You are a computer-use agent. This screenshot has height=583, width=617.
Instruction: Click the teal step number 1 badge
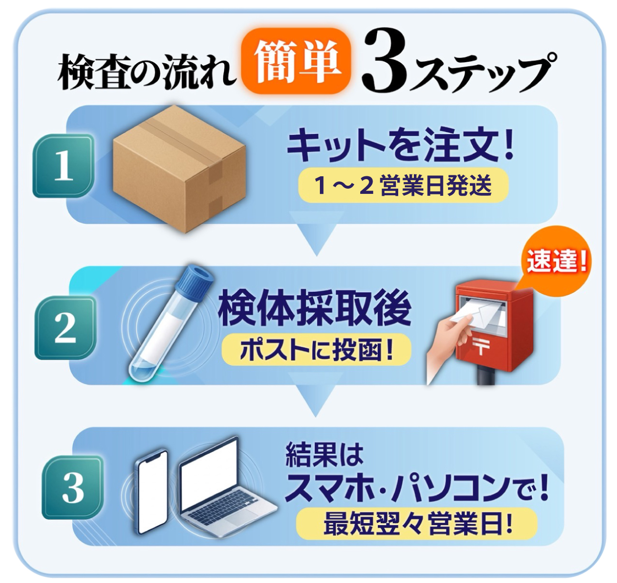pos(63,166)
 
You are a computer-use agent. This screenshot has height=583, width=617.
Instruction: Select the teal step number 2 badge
pos(65,327)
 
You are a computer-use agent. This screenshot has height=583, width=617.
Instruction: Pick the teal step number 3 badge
pos(72,488)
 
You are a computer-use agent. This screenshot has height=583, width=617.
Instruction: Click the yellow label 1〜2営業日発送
pos(403,185)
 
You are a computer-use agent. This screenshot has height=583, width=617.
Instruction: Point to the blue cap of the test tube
pos(194,278)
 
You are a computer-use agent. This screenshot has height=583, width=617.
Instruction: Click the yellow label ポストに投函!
pos(316,351)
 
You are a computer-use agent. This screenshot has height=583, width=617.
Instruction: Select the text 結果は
pos(325,455)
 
